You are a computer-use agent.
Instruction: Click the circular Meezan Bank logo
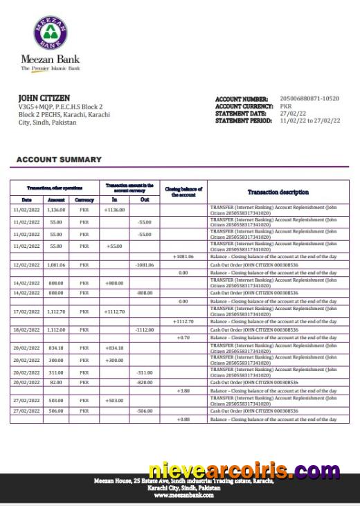pos(51,33)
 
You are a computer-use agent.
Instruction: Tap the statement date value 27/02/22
pos(292,114)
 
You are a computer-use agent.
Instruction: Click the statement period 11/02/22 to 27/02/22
pos(309,120)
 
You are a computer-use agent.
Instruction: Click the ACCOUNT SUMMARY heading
pos(59,160)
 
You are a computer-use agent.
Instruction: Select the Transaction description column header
pos(278,192)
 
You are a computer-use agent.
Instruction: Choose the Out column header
pos(144,200)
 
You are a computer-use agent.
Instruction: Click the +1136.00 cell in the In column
pos(114,209)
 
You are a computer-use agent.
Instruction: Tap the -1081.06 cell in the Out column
pos(144,265)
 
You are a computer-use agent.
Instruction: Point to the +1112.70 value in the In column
pos(114,311)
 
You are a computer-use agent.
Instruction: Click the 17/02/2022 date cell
pos(28,311)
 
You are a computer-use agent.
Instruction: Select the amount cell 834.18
pos(55,348)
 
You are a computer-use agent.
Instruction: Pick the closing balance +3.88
pos(183,391)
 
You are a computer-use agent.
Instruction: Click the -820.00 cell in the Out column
pos(144,383)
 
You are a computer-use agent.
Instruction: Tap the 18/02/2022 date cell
pos(28,330)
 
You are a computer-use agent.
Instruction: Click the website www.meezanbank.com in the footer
pos(183,496)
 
